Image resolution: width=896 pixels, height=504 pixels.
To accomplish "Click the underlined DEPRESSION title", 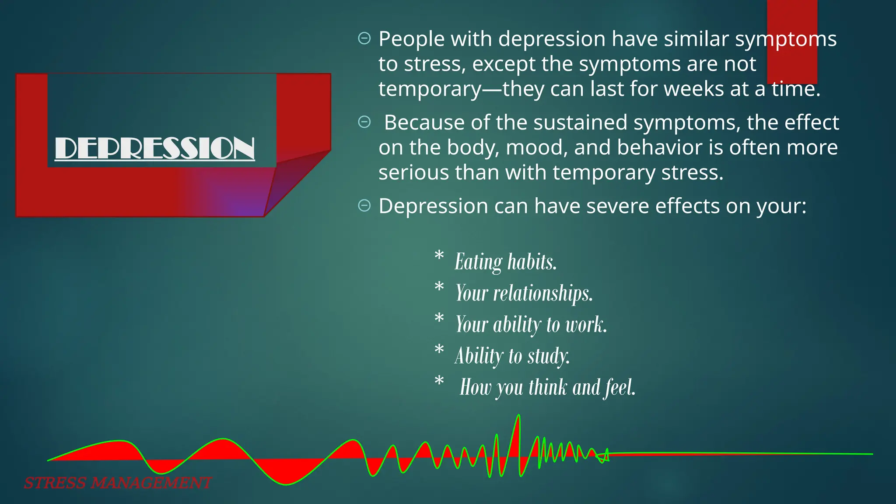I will pyautogui.click(x=155, y=148).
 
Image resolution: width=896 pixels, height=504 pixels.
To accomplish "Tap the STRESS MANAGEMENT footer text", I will pyautogui.click(x=118, y=483).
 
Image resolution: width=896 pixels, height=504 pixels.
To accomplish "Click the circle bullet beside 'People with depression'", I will pyautogui.click(x=364, y=38).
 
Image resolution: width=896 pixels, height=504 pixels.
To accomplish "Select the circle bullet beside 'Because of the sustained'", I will pyautogui.click(x=364, y=122).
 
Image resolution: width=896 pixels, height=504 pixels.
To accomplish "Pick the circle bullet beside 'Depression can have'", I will pyautogui.click(x=364, y=205).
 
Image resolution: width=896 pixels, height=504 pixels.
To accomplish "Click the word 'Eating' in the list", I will pyautogui.click(x=479, y=262).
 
